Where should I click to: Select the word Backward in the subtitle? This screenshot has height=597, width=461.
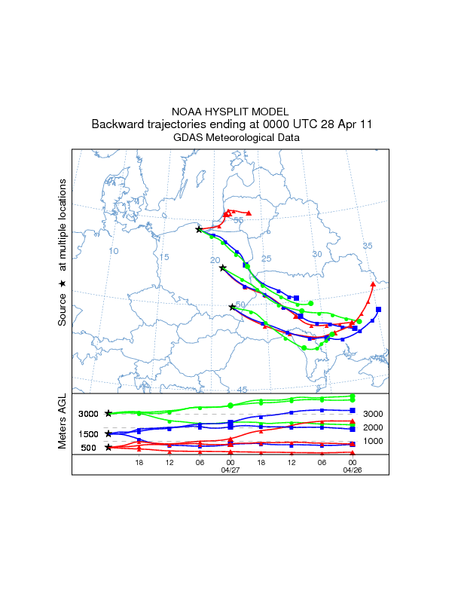[x=118, y=124]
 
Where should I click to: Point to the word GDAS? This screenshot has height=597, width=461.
[x=188, y=137]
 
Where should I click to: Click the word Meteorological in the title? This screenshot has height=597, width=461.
[x=241, y=137]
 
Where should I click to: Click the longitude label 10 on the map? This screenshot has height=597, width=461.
[x=114, y=250]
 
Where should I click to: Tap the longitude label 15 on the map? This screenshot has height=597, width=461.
[x=164, y=257]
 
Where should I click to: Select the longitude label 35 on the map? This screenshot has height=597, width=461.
[x=368, y=246]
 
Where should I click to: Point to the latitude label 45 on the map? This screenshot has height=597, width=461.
[x=242, y=389]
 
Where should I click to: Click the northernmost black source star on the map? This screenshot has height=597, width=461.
[x=199, y=229]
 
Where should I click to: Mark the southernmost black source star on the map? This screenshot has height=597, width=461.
[x=232, y=307]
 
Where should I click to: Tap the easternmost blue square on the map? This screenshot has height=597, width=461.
[x=378, y=309]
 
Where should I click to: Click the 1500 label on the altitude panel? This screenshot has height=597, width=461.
[x=88, y=433]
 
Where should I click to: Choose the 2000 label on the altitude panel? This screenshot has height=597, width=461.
[x=374, y=427]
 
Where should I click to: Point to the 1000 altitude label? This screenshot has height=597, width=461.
[x=374, y=440]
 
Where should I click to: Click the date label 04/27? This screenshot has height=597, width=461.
[x=230, y=469]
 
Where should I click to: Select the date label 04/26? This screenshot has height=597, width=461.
[x=353, y=469]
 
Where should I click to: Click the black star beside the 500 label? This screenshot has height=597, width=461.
[x=109, y=447]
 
